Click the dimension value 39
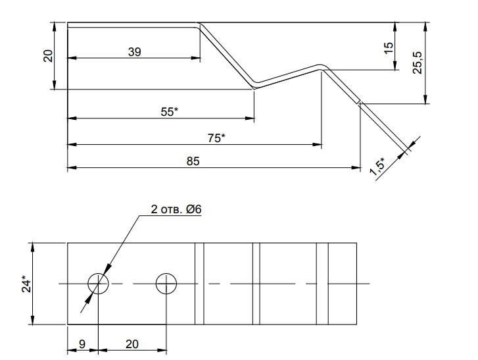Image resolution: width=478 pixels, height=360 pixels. point(134,52)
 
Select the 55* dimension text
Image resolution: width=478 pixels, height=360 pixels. point(169,112)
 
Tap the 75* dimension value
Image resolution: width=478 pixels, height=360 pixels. point(216,138)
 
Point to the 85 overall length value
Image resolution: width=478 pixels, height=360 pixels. point(193,161)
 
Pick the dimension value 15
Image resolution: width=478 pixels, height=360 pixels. point(388,48)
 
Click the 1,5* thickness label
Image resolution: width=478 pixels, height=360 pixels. point(378,167)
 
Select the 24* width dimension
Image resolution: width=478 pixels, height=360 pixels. point(26,284)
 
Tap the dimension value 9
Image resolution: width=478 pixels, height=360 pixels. point(82,344)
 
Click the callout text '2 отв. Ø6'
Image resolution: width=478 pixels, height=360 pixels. point(176,209)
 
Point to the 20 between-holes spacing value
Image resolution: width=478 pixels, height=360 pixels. point(132,344)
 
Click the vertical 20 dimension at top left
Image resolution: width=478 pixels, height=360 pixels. point(48,56)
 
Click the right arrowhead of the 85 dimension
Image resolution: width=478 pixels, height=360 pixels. point(356,167)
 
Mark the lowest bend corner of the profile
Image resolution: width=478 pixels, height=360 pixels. point(254,86)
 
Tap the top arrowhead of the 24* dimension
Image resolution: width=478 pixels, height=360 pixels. point(33,247)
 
